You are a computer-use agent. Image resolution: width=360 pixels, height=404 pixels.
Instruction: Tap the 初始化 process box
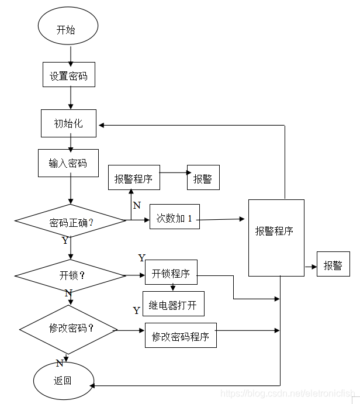(x=68, y=123)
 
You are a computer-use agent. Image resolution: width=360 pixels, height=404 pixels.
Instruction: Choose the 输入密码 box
(x=68, y=163)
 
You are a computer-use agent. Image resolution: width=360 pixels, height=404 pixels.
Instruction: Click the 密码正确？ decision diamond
(x=70, y=222)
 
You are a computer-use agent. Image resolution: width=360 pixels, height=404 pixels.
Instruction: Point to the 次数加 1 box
(x=174, y=219)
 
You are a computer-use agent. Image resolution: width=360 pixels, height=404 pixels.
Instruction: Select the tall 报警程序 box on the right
(x=276, y=237)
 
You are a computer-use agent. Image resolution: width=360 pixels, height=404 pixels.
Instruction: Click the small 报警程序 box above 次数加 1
(x=134, y=178)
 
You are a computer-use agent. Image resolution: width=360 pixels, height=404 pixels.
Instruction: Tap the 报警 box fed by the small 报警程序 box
(x=203, y=178)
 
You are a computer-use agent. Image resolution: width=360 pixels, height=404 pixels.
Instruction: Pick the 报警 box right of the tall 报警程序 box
(x=333, y=265)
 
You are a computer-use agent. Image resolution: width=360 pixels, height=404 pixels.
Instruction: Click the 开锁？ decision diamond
(x=70, y=275)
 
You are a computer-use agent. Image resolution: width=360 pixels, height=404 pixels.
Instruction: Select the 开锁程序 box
(x=171, y=272)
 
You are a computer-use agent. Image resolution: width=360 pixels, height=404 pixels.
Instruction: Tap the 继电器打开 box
(x=173, y=304)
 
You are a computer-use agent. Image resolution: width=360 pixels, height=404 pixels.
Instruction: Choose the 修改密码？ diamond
(x=70, y=329)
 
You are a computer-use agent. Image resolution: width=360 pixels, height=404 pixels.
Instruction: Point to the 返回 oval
(x=63, y=381)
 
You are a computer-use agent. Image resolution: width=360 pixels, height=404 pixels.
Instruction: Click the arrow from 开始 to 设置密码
(x=70, y=55)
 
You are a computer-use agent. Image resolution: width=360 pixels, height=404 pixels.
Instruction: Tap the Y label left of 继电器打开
(x=136, y=310)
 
